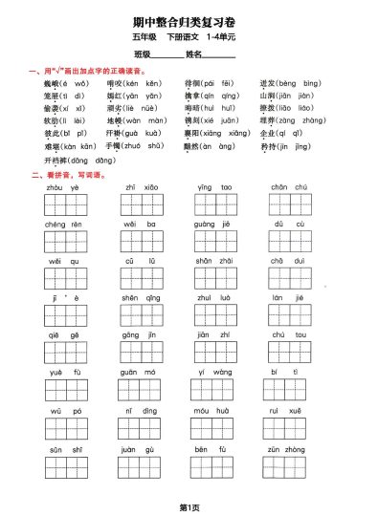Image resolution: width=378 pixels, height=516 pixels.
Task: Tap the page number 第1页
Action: [188, 505]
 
